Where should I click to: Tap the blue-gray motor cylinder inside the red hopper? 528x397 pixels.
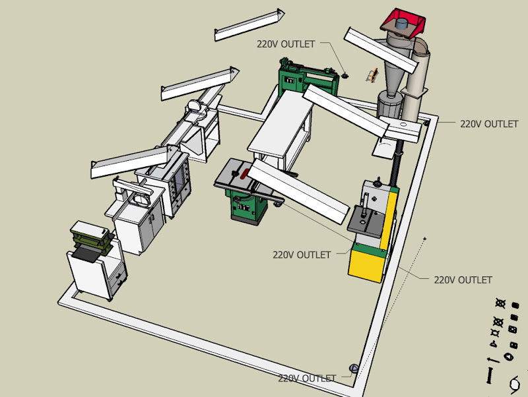401,24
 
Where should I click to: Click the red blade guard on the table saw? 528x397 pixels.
244,173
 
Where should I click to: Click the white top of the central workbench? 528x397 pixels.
281,125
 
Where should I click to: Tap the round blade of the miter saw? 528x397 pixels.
194,106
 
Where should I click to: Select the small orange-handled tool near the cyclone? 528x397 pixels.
372,75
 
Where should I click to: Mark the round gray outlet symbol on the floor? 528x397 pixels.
354,368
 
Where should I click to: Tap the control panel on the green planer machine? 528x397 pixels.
290,80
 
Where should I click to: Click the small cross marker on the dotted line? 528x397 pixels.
424,239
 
